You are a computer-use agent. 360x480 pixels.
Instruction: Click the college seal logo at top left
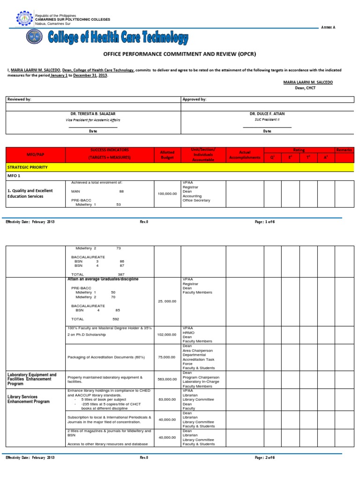click(x=25, y=19)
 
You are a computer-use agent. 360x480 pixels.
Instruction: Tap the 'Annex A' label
click(x=328, y=28)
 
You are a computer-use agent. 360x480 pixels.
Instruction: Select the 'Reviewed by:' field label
click(x=18, y=99)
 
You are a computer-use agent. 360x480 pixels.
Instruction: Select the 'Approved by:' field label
click(x=194, y=99)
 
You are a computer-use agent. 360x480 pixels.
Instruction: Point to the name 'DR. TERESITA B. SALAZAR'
click(x=93, y=114)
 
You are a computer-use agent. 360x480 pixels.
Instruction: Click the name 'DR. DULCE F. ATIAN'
click(x=267, y=114)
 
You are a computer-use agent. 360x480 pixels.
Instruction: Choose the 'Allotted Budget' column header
click(x=167, y=155)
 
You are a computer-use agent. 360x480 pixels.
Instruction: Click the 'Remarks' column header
click(x=344, y=150)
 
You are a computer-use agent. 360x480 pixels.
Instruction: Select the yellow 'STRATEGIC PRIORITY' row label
click(x=27, y=167)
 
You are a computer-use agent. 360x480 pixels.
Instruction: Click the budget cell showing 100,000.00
click(x=167, y=193)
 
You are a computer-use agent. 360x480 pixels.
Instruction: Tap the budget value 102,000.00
click(x=167, y=334)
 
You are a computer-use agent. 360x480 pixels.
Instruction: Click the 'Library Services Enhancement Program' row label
click(x=28, y=399)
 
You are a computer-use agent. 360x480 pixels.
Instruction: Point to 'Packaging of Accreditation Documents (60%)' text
click(x=106, y=357)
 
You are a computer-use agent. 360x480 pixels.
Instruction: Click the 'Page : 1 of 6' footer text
click(x=265, y=222)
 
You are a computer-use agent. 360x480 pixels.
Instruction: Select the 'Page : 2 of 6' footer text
click(x=265, y=457)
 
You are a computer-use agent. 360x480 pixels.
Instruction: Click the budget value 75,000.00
click(x=167, y=357)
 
